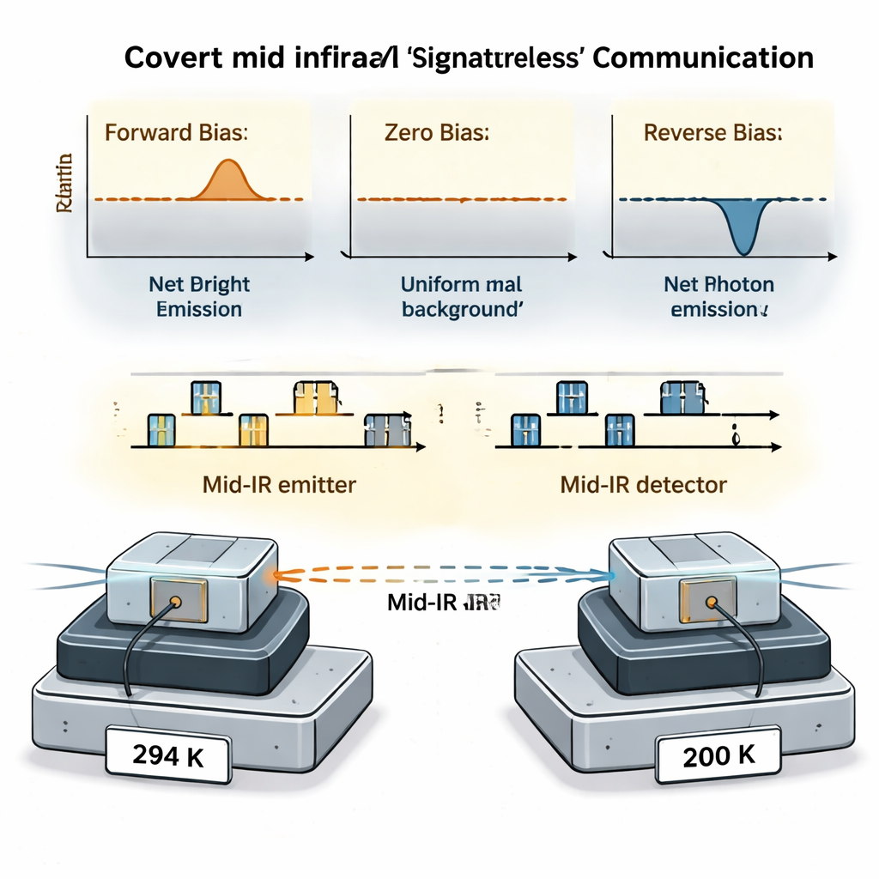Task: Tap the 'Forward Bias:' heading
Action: [176, 134]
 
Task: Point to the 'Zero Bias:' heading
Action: [437, 134]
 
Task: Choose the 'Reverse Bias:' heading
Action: [712, 134]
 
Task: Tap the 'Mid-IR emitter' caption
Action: [279, 484]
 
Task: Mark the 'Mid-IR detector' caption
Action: [643, 484]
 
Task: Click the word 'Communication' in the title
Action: [703, 58]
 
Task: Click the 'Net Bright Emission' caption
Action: [199, 296]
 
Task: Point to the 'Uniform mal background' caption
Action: [462, 296]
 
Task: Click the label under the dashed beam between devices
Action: [443, 603]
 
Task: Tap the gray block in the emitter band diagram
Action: [387, 429]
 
